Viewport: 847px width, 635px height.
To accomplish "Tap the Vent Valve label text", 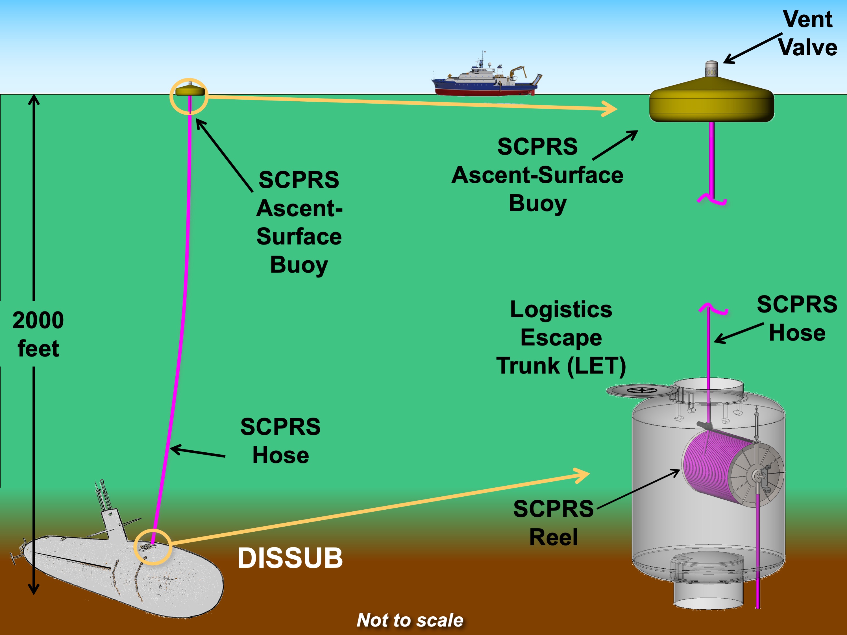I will (807, 34).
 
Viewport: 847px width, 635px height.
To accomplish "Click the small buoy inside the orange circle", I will (189, 91).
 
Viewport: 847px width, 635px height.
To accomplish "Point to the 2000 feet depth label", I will (38, 334).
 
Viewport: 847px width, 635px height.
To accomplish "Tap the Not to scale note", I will (410, 620).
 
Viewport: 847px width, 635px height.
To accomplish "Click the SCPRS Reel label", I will (553, 523).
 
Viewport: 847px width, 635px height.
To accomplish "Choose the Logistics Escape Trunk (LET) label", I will (561, 338).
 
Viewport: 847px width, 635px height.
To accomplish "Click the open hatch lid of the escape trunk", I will (642, 391).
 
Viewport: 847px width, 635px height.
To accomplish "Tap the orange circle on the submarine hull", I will (153, 547).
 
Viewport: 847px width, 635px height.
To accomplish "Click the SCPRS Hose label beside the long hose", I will (280, 441).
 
